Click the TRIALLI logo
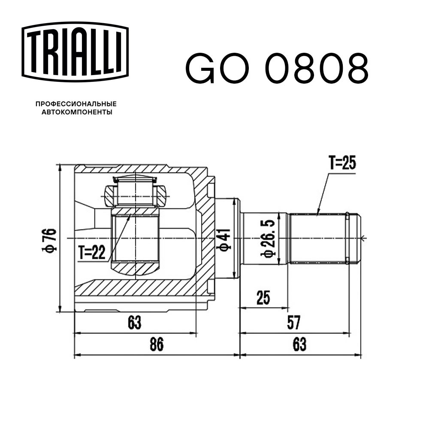click(x=75, y=52)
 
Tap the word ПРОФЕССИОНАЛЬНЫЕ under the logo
click(x=76, y=104)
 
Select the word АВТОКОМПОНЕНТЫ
click(x=77, y=112)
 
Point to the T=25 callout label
click(x=342, y=163)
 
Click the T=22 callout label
click(x=92, y=252)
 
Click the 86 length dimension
click(x=157, y=344)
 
